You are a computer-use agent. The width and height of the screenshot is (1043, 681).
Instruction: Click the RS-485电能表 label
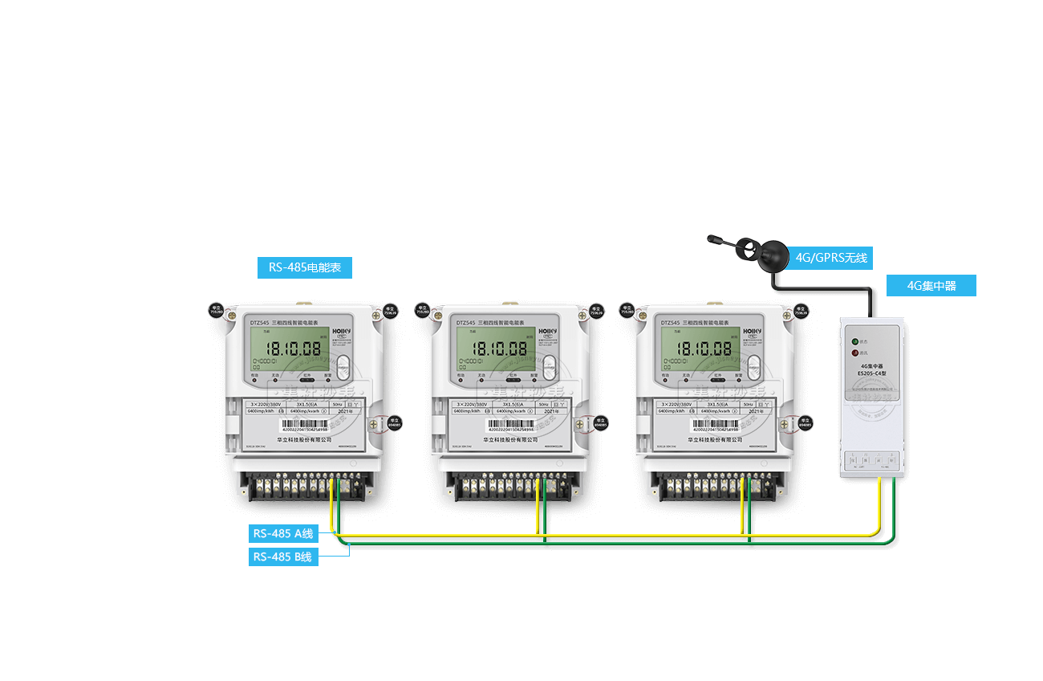coord(305,267)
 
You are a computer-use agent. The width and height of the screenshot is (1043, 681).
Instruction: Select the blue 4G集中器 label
coord(931,286)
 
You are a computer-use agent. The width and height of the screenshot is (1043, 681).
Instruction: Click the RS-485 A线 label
coord(283,533)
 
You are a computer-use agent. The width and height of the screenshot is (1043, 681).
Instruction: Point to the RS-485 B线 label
coord(283,557)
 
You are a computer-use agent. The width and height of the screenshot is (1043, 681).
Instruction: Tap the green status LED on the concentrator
coord(855,341)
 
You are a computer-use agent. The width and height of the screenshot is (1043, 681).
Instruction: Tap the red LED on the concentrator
coord(855,352)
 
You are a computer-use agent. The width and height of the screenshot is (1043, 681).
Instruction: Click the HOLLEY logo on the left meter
coord(343,331)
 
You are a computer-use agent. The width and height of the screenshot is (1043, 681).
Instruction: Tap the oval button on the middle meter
coord(550,368)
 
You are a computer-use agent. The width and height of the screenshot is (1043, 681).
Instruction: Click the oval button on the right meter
coord(754,368)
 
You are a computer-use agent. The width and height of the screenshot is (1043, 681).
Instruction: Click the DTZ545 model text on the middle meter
coord(466,323)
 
